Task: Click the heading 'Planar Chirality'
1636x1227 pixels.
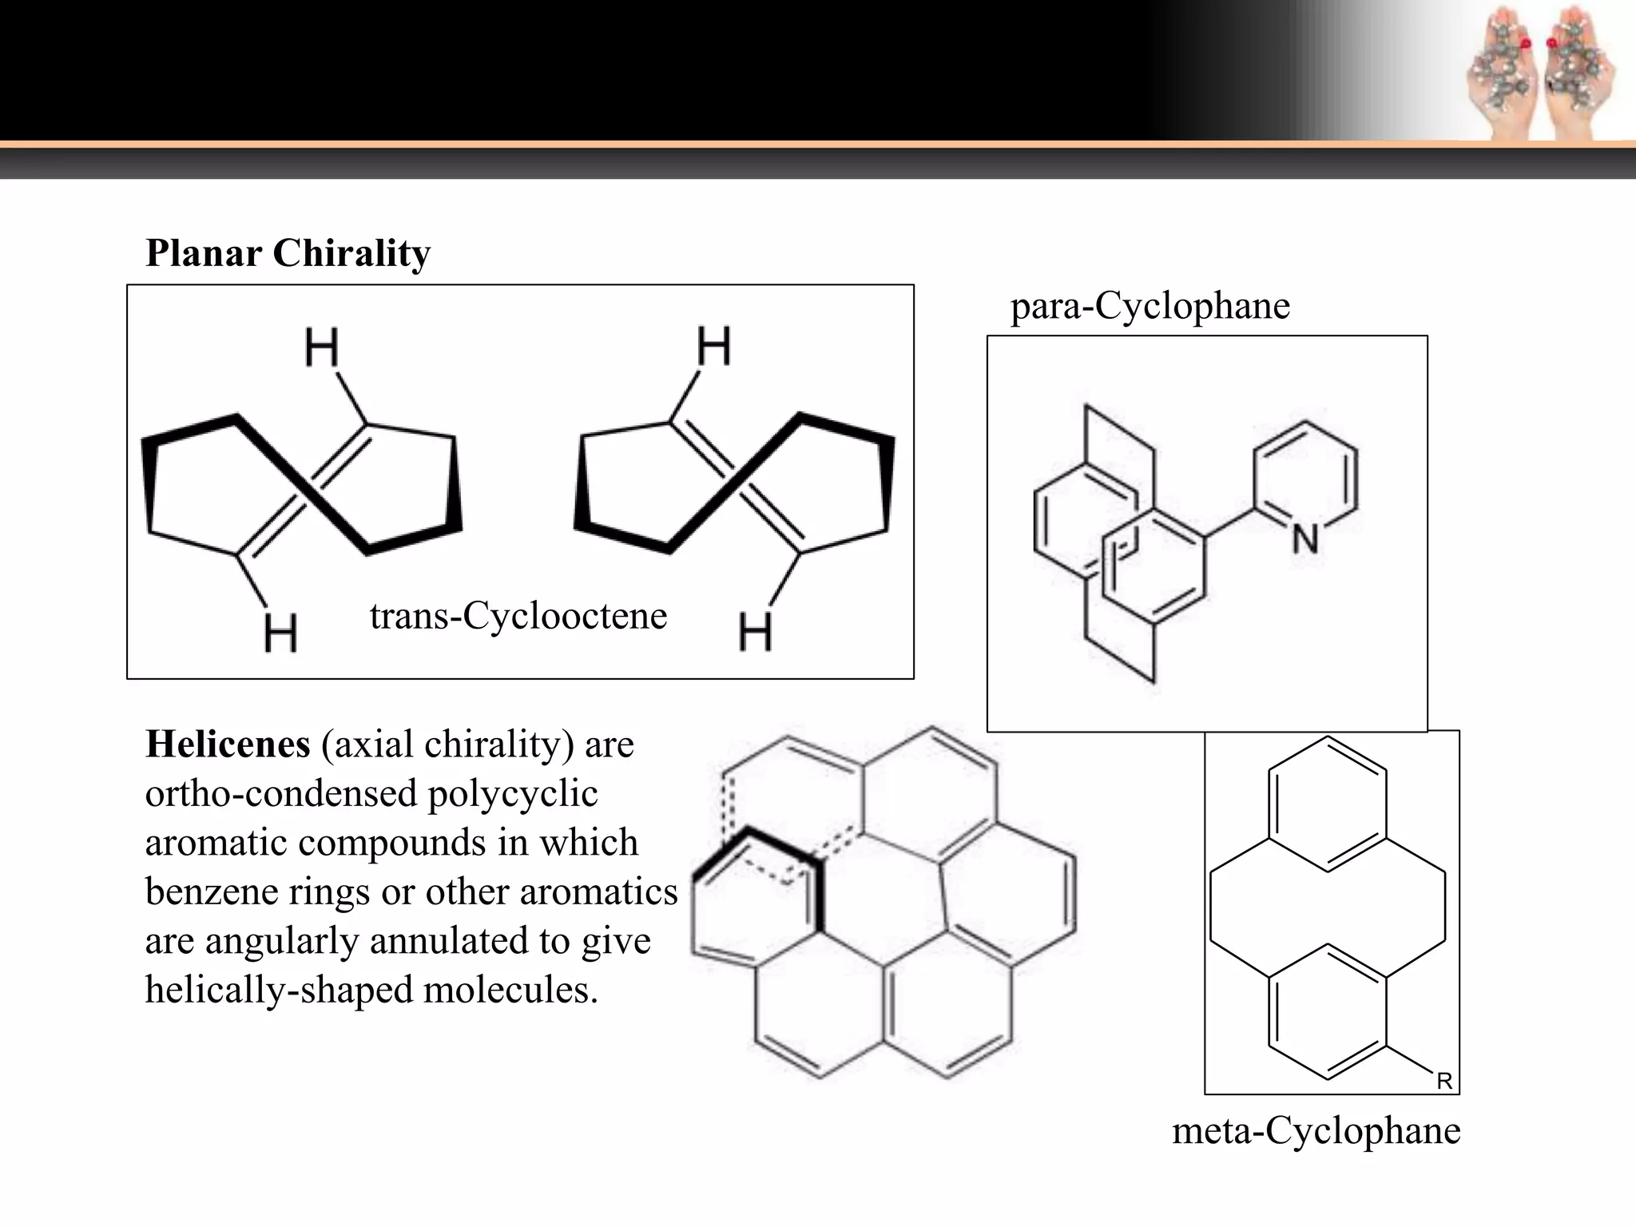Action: (288, 253)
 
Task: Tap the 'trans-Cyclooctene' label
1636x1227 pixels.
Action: (518, 616)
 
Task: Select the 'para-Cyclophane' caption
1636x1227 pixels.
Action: (1150, 306)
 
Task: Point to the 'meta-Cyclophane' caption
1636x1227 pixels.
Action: (1316, 1131)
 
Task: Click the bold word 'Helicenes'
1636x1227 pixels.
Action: (228, 745)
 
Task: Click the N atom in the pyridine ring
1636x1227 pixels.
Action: (1305, 540)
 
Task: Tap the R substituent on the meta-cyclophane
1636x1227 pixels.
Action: (1444, 1081)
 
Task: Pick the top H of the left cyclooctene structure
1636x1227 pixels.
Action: (322, 347)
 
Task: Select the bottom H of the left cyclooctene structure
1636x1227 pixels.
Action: (280, 633)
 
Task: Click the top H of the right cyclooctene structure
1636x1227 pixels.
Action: (713, 346)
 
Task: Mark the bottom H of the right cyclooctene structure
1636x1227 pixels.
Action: (755, 632)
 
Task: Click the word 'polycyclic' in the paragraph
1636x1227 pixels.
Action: (513, 794)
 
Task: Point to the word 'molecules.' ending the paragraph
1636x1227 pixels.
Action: (510, 991)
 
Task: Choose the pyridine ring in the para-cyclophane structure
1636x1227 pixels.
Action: (1305, 479)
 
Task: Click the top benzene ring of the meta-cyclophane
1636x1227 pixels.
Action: (1327, 804)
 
